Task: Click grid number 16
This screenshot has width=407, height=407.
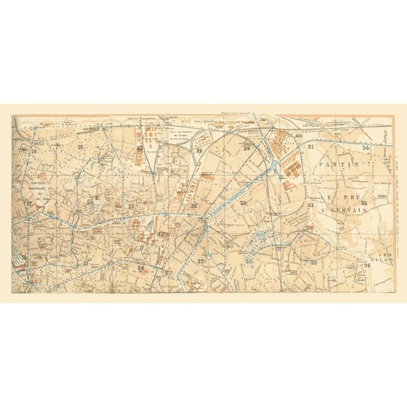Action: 33,151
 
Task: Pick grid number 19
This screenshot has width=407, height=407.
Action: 81,147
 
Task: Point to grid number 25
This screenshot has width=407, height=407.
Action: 199,151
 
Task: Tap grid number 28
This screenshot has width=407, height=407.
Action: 247,148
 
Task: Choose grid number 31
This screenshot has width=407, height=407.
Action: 311,146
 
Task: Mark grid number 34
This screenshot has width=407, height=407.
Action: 365,147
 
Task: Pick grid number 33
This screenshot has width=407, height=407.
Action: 314,262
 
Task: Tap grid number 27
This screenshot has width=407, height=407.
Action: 201,261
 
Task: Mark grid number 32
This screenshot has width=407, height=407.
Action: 311,205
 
